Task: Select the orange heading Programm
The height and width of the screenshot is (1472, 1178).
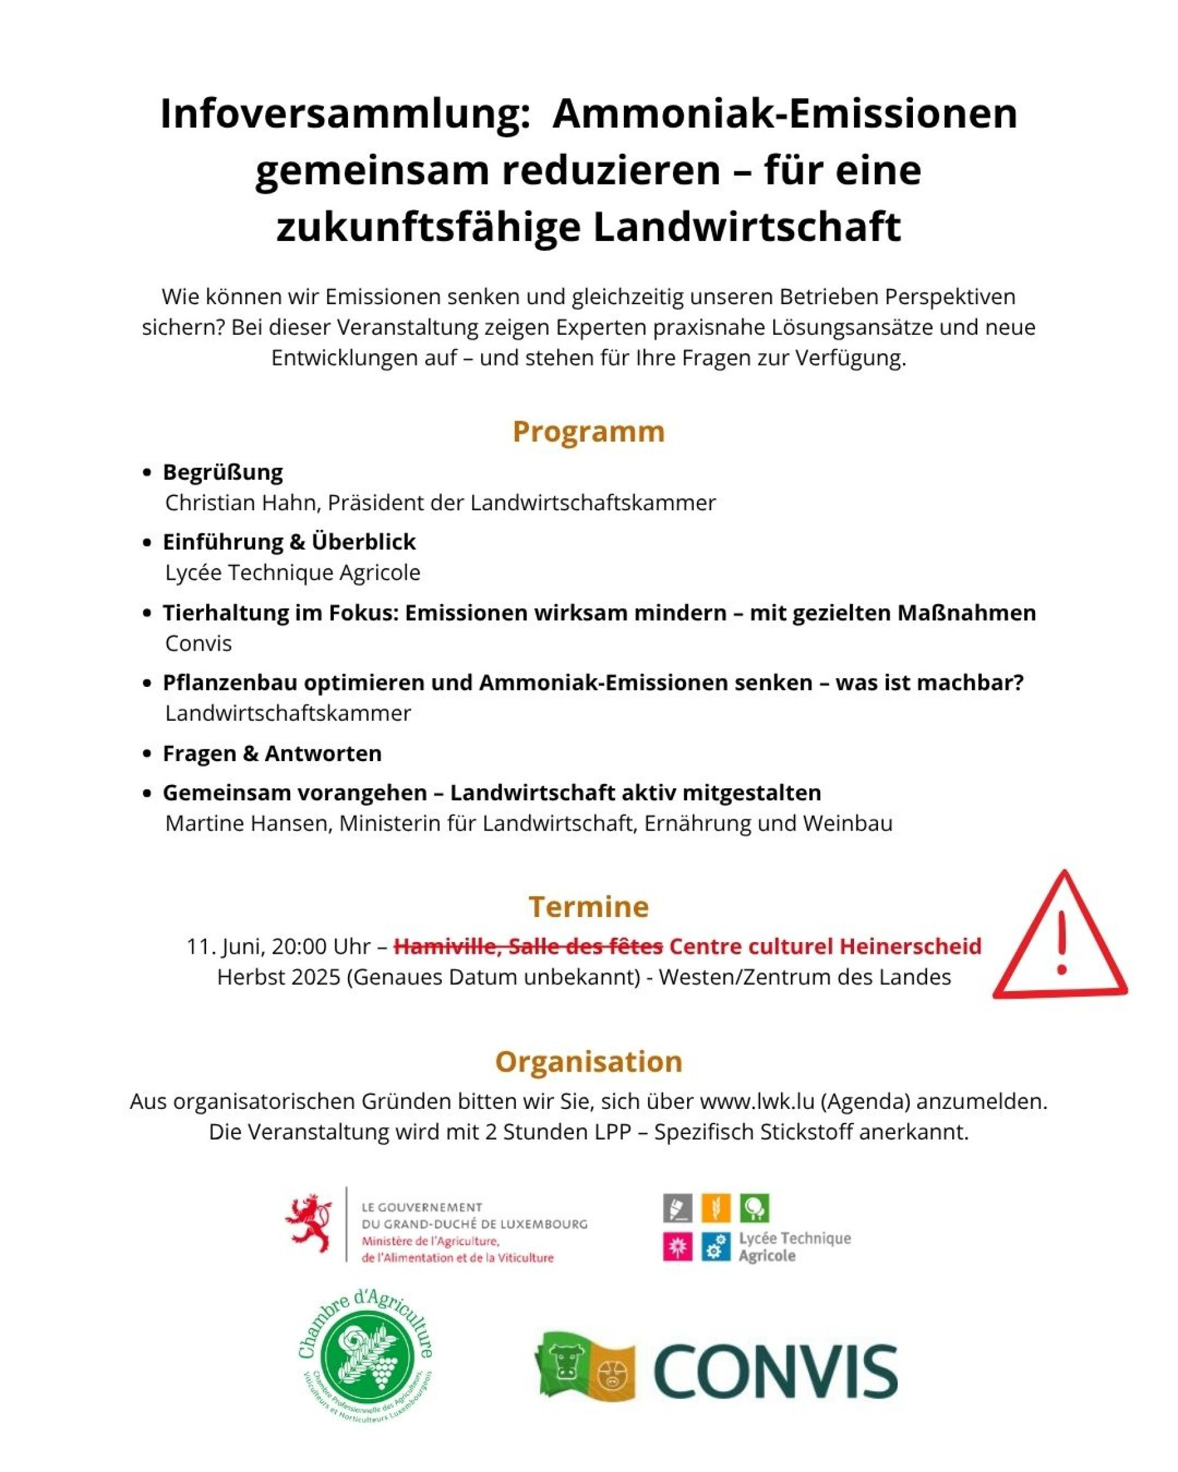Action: coord(588,432)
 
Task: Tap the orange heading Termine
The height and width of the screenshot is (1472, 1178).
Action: coord(588,907)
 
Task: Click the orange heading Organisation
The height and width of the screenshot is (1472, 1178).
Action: coord(588,1062)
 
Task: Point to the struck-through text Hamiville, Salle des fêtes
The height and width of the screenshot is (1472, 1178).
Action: coord(528,946)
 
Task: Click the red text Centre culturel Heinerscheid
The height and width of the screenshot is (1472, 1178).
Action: coord(825,946)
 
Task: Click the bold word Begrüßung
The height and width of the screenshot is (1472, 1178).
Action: coord(223,472)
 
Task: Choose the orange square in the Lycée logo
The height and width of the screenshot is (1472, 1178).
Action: coord(715,1208)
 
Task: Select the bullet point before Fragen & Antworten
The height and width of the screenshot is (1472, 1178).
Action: coord(146,754)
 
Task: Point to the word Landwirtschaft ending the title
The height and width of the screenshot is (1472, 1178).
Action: coord(747,228)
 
